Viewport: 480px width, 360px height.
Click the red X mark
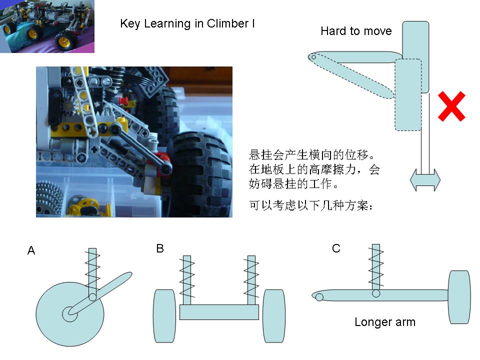pyautogui.click(x=451, y=106)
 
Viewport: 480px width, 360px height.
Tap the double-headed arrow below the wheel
pyautogui.click(x=425, y=180)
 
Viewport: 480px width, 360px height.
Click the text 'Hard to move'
pyautogui.click(x=356, y=31)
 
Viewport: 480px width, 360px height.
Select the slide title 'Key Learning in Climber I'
pyautogui.click(x=187, y=23)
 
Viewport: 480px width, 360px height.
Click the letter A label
pyautogui.click(x=31, y=250)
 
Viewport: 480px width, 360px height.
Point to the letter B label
pyautogui.click(x=160, y=248)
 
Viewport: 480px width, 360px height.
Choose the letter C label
pyautogui.click(x=336, y=248)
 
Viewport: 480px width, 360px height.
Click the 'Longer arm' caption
pyautogui.click(x=384, y=322)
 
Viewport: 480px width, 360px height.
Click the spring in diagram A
pyautogui.click(x=92, y=270)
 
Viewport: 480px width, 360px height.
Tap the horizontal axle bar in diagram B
pyautogui.click(x=219, y=312)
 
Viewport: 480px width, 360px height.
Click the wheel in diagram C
pyautogui.click(x=459, y=297)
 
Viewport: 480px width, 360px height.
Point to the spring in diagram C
pyautogui.click(x=376, y=265)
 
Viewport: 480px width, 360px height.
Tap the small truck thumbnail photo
pyautogui.click(x=47, y=26)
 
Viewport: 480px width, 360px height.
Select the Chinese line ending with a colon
pyautogui.click(x=311, y=205)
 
